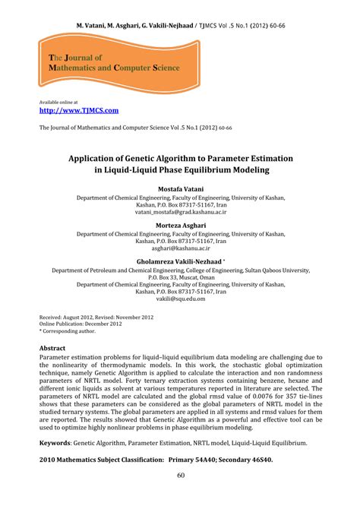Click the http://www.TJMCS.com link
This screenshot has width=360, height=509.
[78, 110]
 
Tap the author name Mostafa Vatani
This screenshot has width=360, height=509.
[179, 188]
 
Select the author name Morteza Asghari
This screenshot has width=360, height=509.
[179, 226]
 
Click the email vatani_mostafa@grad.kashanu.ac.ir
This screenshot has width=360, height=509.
[179, 213]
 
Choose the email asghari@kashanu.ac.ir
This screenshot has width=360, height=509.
[179, 248]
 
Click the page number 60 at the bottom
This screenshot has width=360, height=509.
[180, 476]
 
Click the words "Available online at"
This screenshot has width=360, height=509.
[60, 102]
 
